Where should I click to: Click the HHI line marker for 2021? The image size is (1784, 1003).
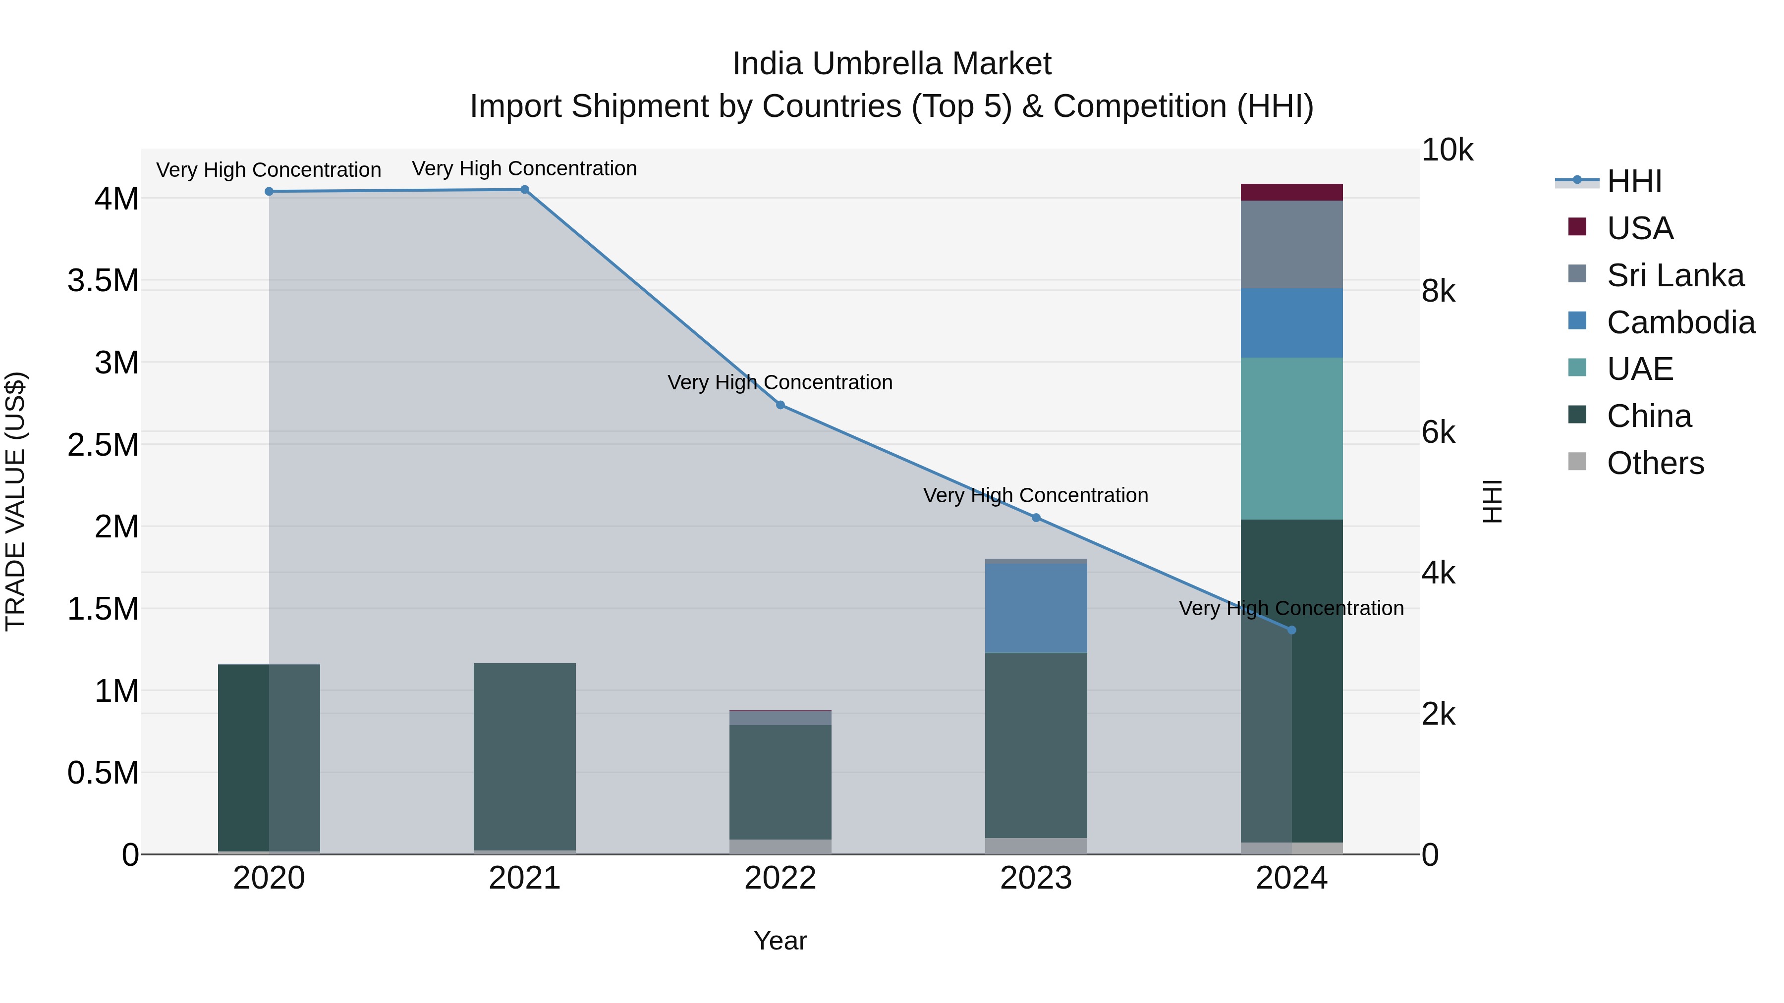point(524,190)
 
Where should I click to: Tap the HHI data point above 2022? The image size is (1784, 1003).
point(780,405)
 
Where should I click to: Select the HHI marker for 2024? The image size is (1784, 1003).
point(1291,630)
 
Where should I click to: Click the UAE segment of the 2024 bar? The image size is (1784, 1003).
point(1291,438)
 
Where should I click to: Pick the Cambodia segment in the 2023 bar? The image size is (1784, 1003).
point(1036,608)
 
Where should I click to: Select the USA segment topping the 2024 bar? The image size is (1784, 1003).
point(1291,193)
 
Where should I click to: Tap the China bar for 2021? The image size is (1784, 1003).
point(524,756)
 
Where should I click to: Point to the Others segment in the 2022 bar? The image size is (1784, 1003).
point(780,846)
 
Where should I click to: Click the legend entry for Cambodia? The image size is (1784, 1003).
point(1681,322)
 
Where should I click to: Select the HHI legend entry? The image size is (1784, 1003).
point(1634,181)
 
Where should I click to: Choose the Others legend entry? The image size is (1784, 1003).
point(1655,463)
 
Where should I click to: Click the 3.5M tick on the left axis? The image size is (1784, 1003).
point(103,281)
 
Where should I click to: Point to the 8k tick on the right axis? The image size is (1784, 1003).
point(1439,291)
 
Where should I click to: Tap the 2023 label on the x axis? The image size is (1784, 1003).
point(1036,878)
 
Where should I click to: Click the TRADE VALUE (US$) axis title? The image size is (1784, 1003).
point(16,501)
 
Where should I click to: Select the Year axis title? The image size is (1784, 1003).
point(780,941)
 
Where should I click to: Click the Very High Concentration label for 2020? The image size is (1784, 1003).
point(269,169)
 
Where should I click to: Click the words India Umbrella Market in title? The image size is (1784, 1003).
point(892,64)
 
